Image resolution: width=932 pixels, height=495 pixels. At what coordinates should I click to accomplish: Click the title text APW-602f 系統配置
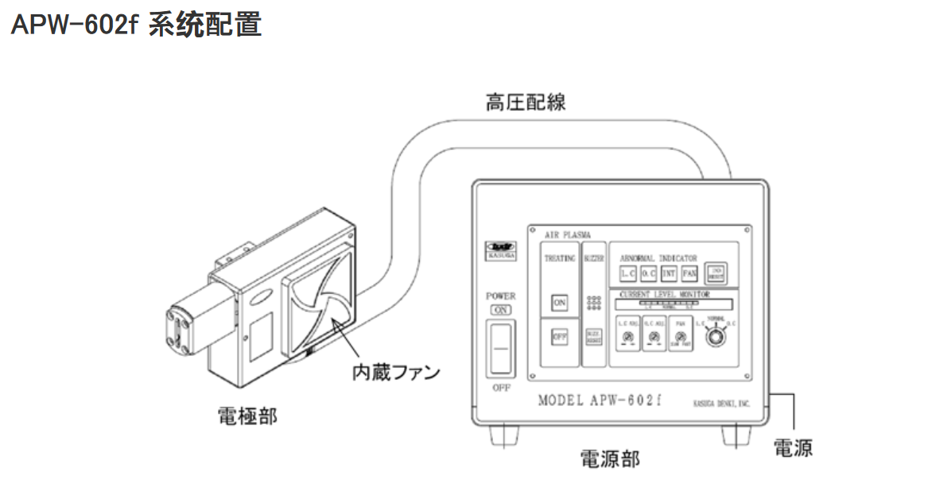coord(136,25)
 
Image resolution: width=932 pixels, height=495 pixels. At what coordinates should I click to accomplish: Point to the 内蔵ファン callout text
coord(396,371)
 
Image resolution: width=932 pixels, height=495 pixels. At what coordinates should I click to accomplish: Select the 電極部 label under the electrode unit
coord(247,415)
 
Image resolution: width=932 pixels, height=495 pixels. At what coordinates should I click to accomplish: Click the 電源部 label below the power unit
coord(609,458)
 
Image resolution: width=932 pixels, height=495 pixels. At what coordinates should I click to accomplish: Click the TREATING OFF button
coord(560,336)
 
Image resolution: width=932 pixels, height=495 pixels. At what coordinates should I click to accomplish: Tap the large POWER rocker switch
coord(499,347)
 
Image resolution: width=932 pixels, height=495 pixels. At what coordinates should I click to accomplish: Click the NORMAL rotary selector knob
coord(716,336)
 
